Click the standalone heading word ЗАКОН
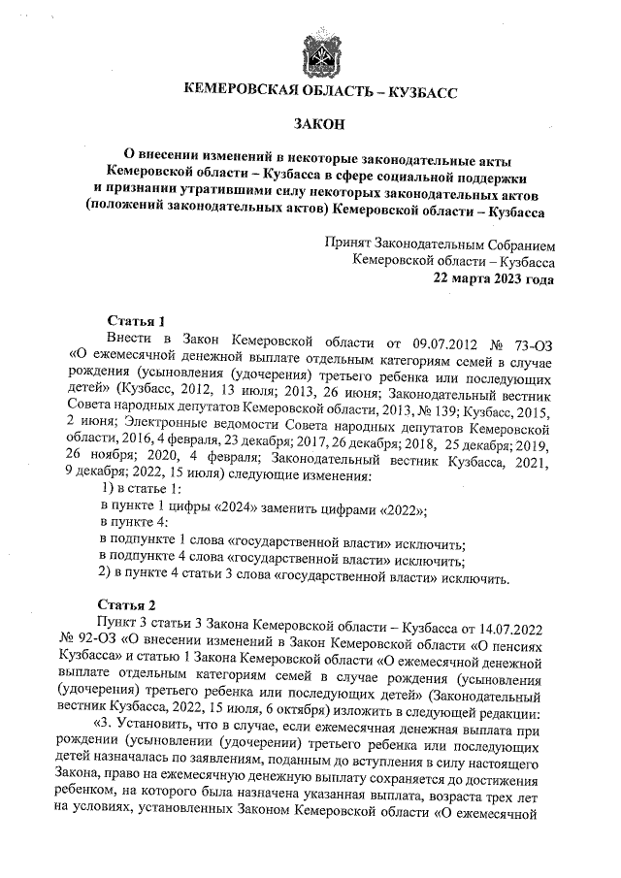pyautogui.click(x=320, y=123)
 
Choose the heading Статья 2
pyautogui.click(x=137, y=603)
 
